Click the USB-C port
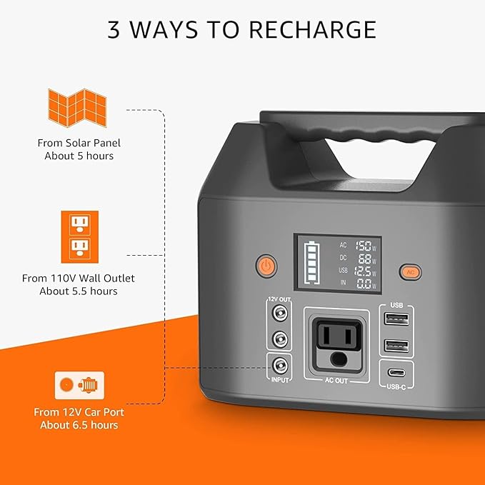pyautogui.click(x=397, y=372)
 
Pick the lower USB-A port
pyautogui.click(x=397, y=346)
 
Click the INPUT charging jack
pyautogui.click(x=281, y=366)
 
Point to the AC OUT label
pyautogui.click(x=336, y=381)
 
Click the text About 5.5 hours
pyautogui.click(x=79, y=291)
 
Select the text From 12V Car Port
pyautogui.click(x=76, y=412)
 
